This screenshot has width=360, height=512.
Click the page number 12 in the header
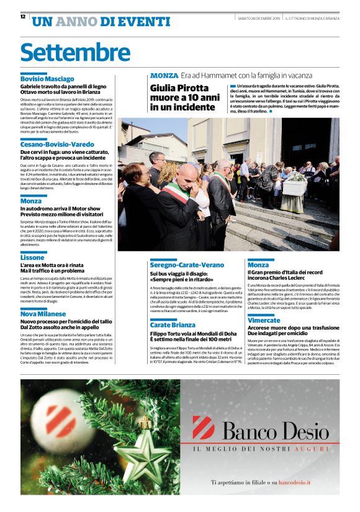click(23, 17)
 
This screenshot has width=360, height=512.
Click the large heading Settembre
click(75, 52)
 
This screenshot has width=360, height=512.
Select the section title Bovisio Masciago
click(47, 79)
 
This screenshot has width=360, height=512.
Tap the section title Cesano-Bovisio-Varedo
click(57, 143)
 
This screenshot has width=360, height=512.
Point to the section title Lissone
click(32, 257)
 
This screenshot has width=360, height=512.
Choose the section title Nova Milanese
click(43, 314)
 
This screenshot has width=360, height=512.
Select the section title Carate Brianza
click(173, 325)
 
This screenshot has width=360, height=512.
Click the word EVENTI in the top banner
click(135, 22)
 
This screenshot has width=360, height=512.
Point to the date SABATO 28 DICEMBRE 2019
click(259, 18)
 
